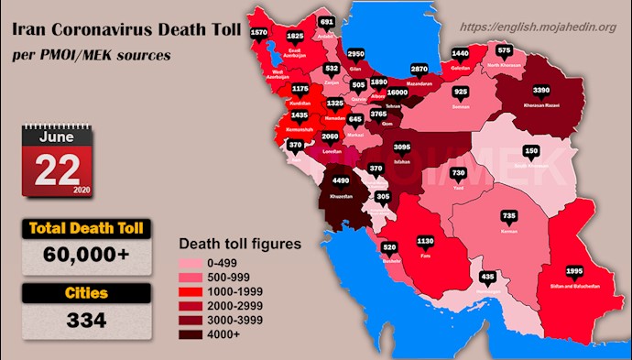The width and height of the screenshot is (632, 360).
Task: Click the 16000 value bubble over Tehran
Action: (x=397, y=93)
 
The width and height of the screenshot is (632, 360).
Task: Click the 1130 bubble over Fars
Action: (x=426, y=242)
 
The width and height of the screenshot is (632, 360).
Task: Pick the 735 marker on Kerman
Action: (x=508, y=215)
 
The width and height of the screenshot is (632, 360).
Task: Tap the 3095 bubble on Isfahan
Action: (x=402, y=147)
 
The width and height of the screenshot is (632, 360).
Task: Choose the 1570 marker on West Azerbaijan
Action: (x=259, y=33)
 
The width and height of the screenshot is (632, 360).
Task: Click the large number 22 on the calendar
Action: (x=52, y=168)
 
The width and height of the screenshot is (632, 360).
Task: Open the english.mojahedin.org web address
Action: (x=537, y=27)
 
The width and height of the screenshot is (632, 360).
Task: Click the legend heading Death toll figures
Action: (x=239, y=245)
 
